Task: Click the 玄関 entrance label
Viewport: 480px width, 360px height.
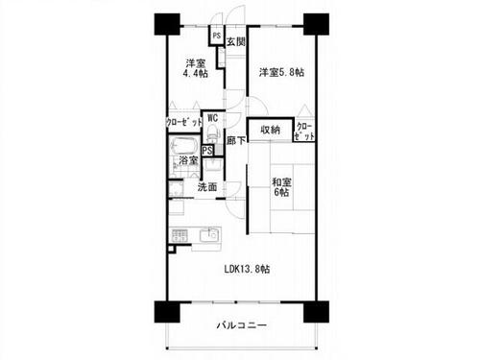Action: pyautogui.click(x=236, y=42)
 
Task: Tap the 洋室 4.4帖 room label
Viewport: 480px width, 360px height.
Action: pyautogui.click(x=195, y=68)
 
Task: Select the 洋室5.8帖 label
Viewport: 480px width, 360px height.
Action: pyautogui.click(x=281, y=72)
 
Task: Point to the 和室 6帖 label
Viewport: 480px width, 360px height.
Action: pyautogui.click(x=281, y=187)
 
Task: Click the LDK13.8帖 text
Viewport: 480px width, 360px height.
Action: pyautogui.click(x=247, y=269)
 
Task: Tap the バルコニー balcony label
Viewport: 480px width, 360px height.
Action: pyautogui.click(x=242, y=325)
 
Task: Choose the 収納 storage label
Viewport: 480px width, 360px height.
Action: pyautogui.click(x=270, y=130)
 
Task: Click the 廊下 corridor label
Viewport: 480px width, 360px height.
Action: pyautogui.click(x=236, y=140)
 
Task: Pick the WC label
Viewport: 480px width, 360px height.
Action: pyautogui.click(x=212, y=118)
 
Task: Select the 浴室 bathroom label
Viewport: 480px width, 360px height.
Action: pyautogui.click(x=188, y=160)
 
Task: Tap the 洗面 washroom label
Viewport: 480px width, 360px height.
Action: pyautogui.click(x=207, y=186)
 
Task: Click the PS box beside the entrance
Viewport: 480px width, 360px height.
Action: pyautogui.click(x=217, y=36)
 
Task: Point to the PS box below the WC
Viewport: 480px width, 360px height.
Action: pyautogui.click(x=207, y=151)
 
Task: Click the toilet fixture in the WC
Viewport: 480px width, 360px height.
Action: pyautogui.click(x=211, y=132)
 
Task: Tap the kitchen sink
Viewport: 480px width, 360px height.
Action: pyautogui.click(x=210, y=235)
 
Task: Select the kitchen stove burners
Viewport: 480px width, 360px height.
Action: pyautogui.click(x=180, y=235)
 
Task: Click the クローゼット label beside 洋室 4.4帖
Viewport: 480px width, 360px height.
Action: pyautogui.click(x=184, y=122)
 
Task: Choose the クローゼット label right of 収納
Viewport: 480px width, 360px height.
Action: pyautogui.click(x=304, y=132)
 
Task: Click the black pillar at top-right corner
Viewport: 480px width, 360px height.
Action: pyautogui.click(x=316, y=24)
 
